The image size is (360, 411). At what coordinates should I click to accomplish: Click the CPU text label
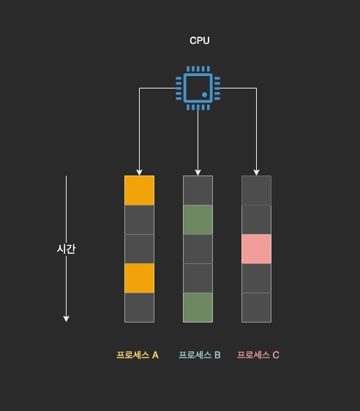point(200,41)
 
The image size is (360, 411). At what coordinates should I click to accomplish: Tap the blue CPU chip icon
point(198,88)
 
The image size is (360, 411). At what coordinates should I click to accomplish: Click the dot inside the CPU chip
point(205,94)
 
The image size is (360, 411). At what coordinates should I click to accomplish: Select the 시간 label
point(66,249)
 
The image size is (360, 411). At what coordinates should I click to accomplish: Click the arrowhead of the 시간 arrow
point(66,318)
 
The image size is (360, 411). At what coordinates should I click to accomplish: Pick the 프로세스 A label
point(138,355)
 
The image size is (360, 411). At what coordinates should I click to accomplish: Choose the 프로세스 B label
point(200,355)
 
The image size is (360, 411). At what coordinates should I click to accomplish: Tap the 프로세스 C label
point(258,355)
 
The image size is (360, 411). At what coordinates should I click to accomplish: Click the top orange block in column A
point(139,190)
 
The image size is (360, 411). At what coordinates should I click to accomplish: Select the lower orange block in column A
point(139,278)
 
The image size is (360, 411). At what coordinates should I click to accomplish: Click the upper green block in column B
point(198,219)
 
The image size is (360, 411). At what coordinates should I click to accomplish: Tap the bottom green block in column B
point(198,307)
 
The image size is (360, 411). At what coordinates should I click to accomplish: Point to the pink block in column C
point(256,249)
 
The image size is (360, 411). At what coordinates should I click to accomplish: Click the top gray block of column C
point(256,190)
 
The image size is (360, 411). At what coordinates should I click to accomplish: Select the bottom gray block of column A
point(139,307)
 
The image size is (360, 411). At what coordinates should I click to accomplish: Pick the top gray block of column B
point(198,190)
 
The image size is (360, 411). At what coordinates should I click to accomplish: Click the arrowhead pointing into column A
point(139,173)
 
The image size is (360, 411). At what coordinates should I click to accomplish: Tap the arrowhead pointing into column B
point(198,173)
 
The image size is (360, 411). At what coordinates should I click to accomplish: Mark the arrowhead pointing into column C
point(256,173)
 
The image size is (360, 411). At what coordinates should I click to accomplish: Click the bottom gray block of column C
point(256,307)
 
